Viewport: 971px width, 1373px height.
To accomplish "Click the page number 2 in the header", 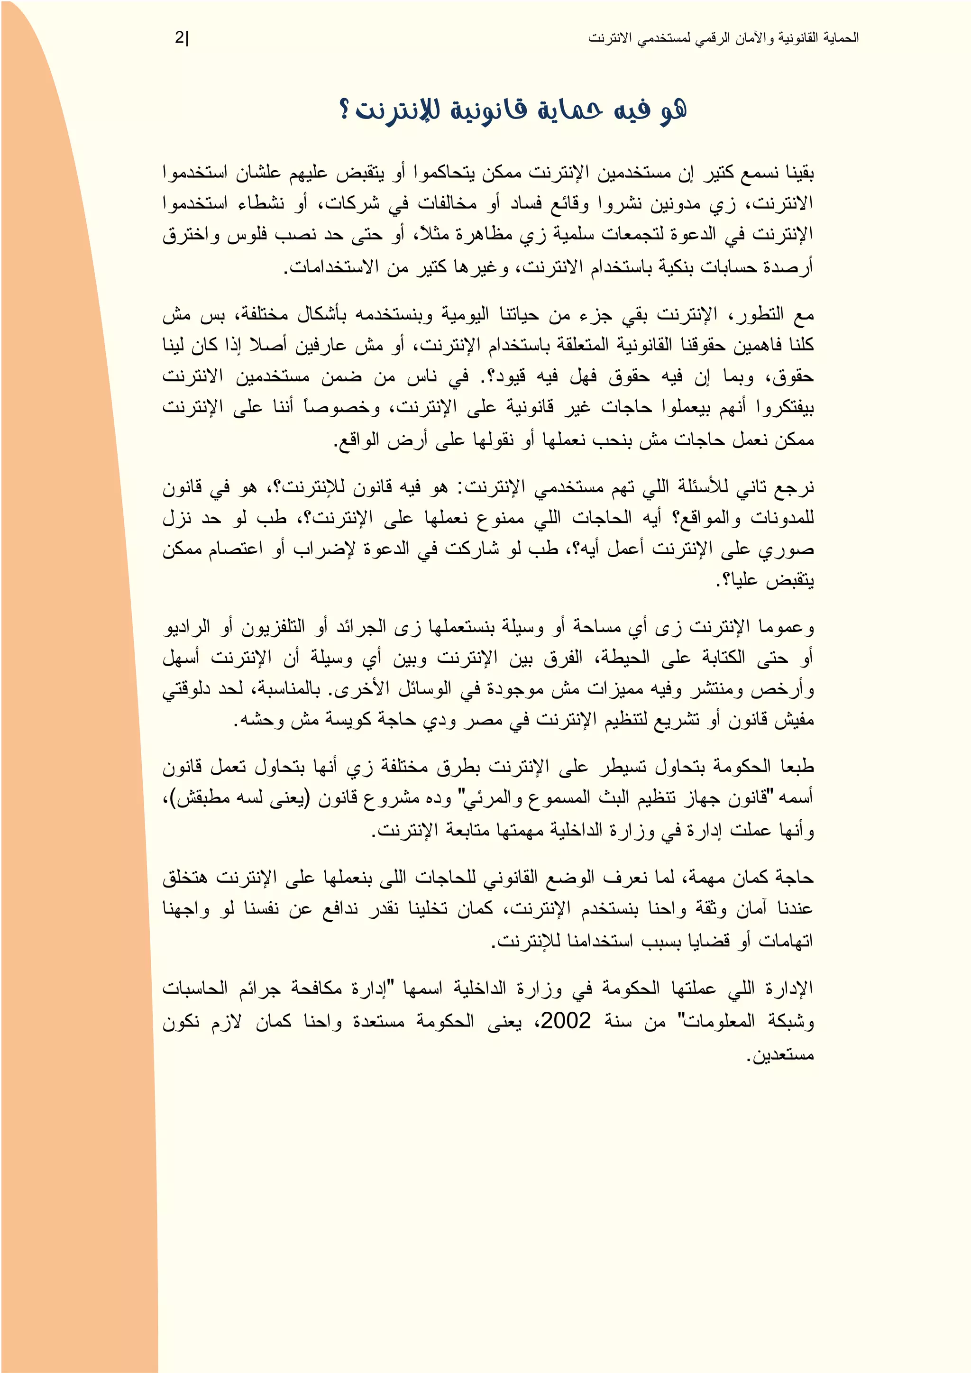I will [179, 37].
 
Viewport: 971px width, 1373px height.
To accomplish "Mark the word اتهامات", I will [786, 941].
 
